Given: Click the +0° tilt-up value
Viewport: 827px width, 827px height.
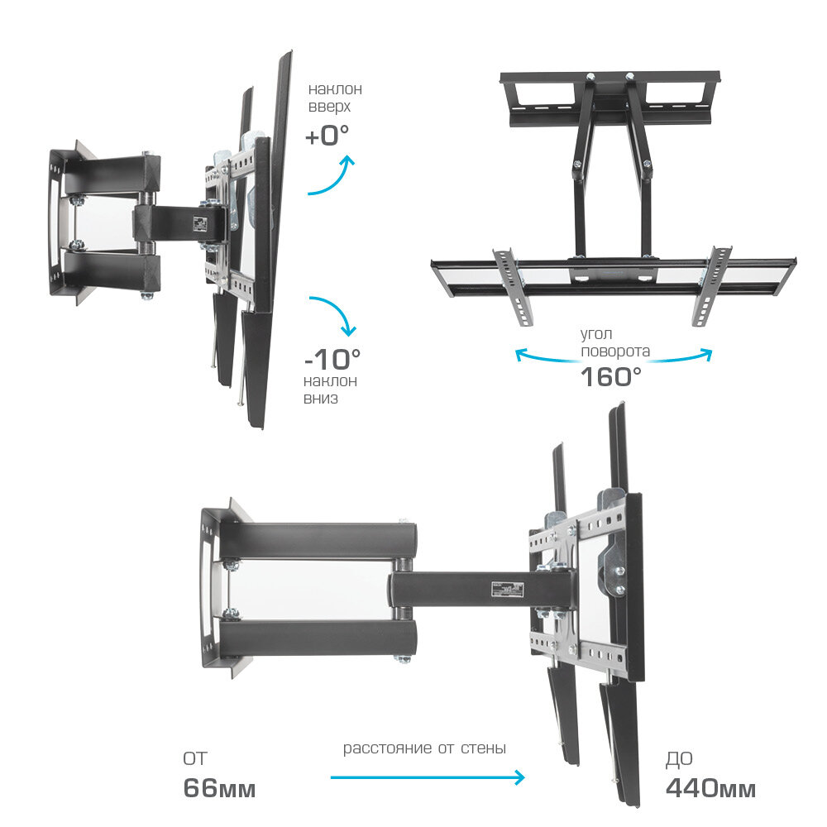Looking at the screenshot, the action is (327, 135).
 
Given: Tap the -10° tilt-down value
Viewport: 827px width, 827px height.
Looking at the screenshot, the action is (332, 359).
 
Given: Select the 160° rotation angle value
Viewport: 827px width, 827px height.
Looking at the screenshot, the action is (611, 376).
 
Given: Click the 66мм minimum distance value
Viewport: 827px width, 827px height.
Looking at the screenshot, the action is (219, 788).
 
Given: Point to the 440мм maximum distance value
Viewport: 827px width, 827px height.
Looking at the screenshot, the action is (710, 788).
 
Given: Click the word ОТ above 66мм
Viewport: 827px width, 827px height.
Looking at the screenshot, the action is (195, 758).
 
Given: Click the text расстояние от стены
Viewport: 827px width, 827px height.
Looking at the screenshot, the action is (424, 748).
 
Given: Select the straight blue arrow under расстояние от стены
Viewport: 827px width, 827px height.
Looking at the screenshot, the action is (428, 777).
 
